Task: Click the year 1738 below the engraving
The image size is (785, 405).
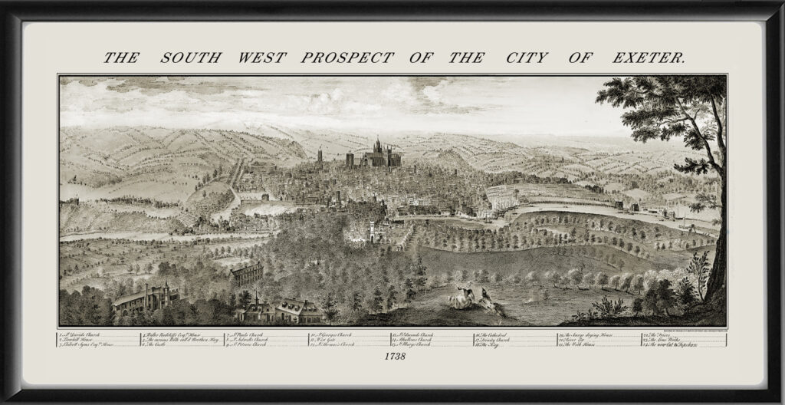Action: coord(392,357)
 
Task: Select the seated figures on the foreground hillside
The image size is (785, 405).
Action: coord(470,297)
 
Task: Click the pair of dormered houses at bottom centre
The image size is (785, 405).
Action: coord(280,309)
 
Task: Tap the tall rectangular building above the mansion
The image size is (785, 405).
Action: coord(247,272)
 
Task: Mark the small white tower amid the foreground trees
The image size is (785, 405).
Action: coord(373,230)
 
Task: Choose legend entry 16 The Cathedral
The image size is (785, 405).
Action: coord(494,334)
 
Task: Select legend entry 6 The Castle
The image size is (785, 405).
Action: coord(161,344)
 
